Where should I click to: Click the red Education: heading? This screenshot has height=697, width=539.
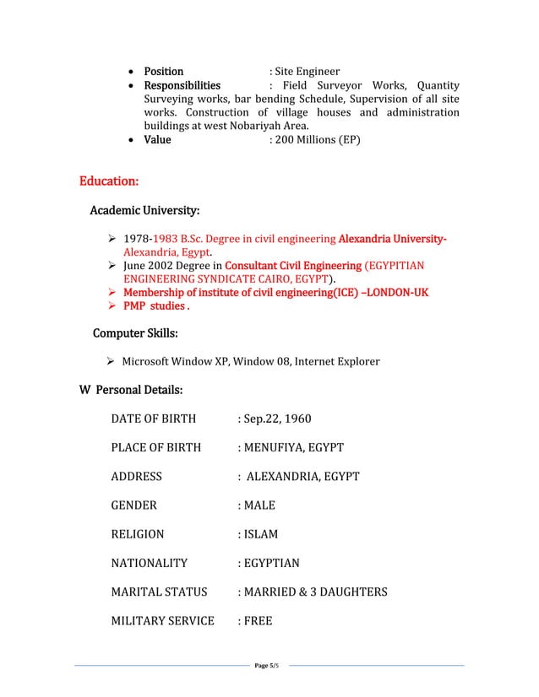click(109, 181)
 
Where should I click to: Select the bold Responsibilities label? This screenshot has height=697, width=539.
click(182, 85)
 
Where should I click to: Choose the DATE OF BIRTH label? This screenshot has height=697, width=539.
click(153, 419)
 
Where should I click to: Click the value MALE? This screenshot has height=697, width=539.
click(259, 505)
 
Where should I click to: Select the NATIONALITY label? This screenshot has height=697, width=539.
click(150, 563)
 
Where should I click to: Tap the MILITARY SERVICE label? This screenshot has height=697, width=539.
click(163, 621)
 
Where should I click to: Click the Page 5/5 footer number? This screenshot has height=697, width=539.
click(266, 667)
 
